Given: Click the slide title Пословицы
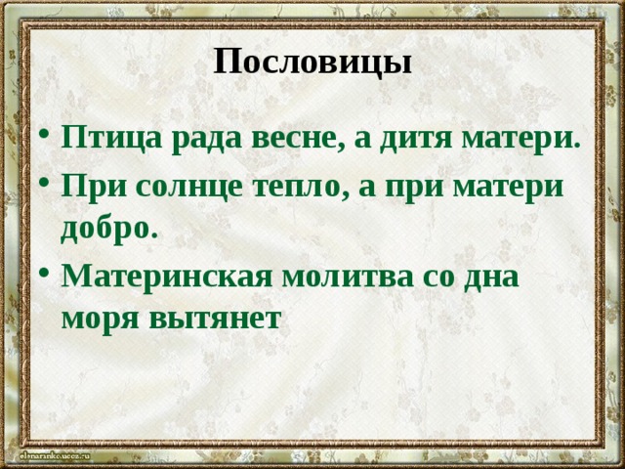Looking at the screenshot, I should coord(312,63).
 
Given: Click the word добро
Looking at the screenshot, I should coord(106,229).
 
